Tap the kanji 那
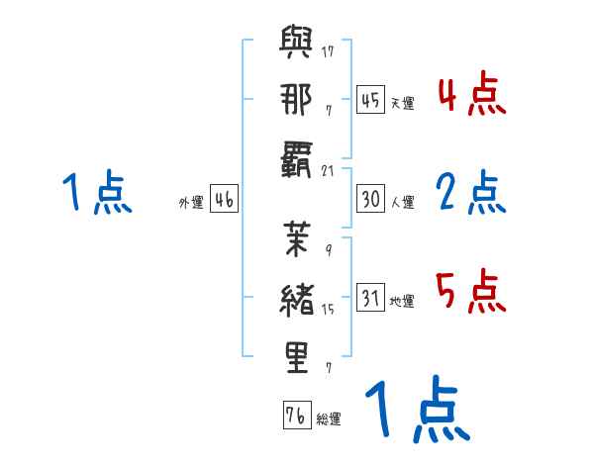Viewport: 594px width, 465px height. click(x=297, y=101)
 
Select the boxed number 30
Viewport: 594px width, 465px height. click(x=371, y=200)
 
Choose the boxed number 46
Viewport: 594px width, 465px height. click(x=224, y=200)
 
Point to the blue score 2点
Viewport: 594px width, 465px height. click(x=471, y=194)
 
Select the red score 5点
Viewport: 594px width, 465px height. click(x=471, y=293)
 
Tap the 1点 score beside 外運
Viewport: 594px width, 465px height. click(x=96, y=194)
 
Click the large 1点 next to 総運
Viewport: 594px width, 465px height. click(x=416, y=412)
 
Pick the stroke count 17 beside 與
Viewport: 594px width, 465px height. click(x=327, y=50)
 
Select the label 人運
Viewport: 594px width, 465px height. click(x=403, y=203)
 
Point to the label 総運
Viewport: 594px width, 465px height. click(x=329, y=419)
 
